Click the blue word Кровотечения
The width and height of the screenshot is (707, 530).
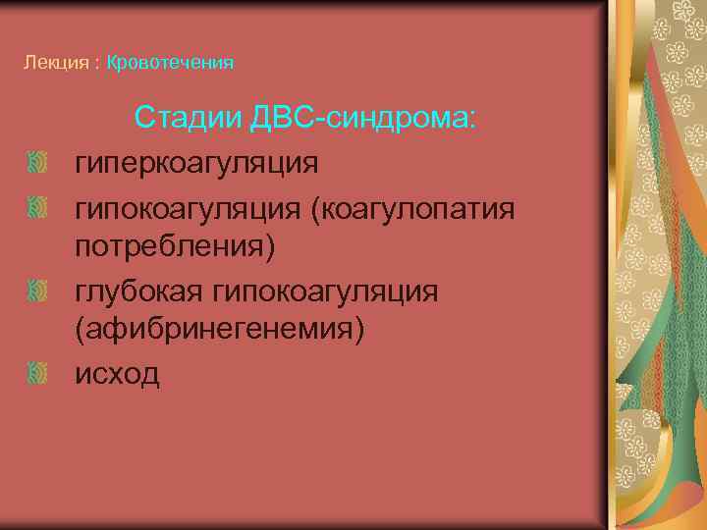coord(170,63)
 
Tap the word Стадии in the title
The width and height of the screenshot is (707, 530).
coord(186,117)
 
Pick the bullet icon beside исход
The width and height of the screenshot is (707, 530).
coord(36,372)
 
